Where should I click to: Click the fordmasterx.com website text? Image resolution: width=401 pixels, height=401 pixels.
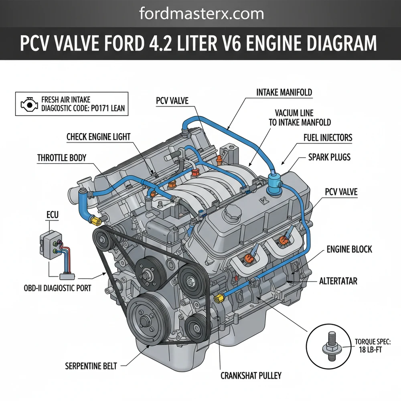pos(201,14)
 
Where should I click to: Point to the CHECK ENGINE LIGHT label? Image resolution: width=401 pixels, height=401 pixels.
pos(98,137)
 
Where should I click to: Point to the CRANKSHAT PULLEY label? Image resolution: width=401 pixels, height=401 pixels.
pos(251,376)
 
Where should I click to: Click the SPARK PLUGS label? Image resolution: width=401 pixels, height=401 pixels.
pos(324,156)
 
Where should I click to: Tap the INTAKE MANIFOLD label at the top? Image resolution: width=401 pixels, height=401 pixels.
pos(284,93)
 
